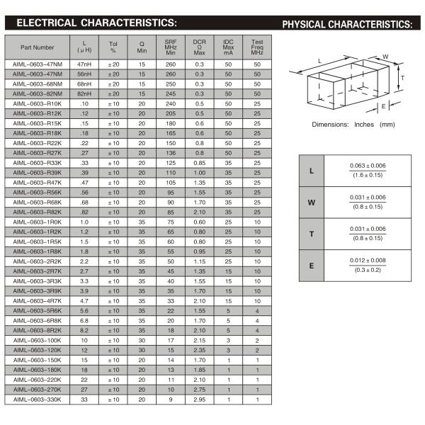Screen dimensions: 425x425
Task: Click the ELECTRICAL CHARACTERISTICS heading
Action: (x=96, y=23)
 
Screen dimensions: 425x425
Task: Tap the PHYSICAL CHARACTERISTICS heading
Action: (x=346, y=24)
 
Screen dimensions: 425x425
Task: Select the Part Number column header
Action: (x=37, y=47)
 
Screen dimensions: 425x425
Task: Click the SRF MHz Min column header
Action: (x=171, y=47)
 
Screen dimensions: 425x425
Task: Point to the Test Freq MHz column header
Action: (x=257, y=47)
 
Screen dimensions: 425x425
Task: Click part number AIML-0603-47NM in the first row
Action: (x=37, y=64)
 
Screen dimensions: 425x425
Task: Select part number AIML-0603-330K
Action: (x=37, y=399)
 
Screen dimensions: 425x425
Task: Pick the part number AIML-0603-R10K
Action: (x=37, y=103)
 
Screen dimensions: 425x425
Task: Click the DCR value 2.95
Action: (x=199, y=399)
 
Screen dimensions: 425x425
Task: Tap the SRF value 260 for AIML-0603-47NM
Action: (x=171, y=64)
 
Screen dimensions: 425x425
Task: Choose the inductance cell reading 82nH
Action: (x=84, y=93)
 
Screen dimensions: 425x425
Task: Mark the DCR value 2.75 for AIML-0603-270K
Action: (x=199, y=390)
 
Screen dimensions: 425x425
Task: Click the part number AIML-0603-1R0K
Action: (x=37, y=222)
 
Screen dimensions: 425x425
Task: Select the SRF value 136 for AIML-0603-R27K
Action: (x=171, y=153)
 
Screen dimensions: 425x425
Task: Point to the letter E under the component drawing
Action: (x=383, y=106)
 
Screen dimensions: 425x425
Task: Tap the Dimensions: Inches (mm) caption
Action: (x=353, y=125)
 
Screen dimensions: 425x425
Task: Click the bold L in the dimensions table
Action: (x=312, y=171)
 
